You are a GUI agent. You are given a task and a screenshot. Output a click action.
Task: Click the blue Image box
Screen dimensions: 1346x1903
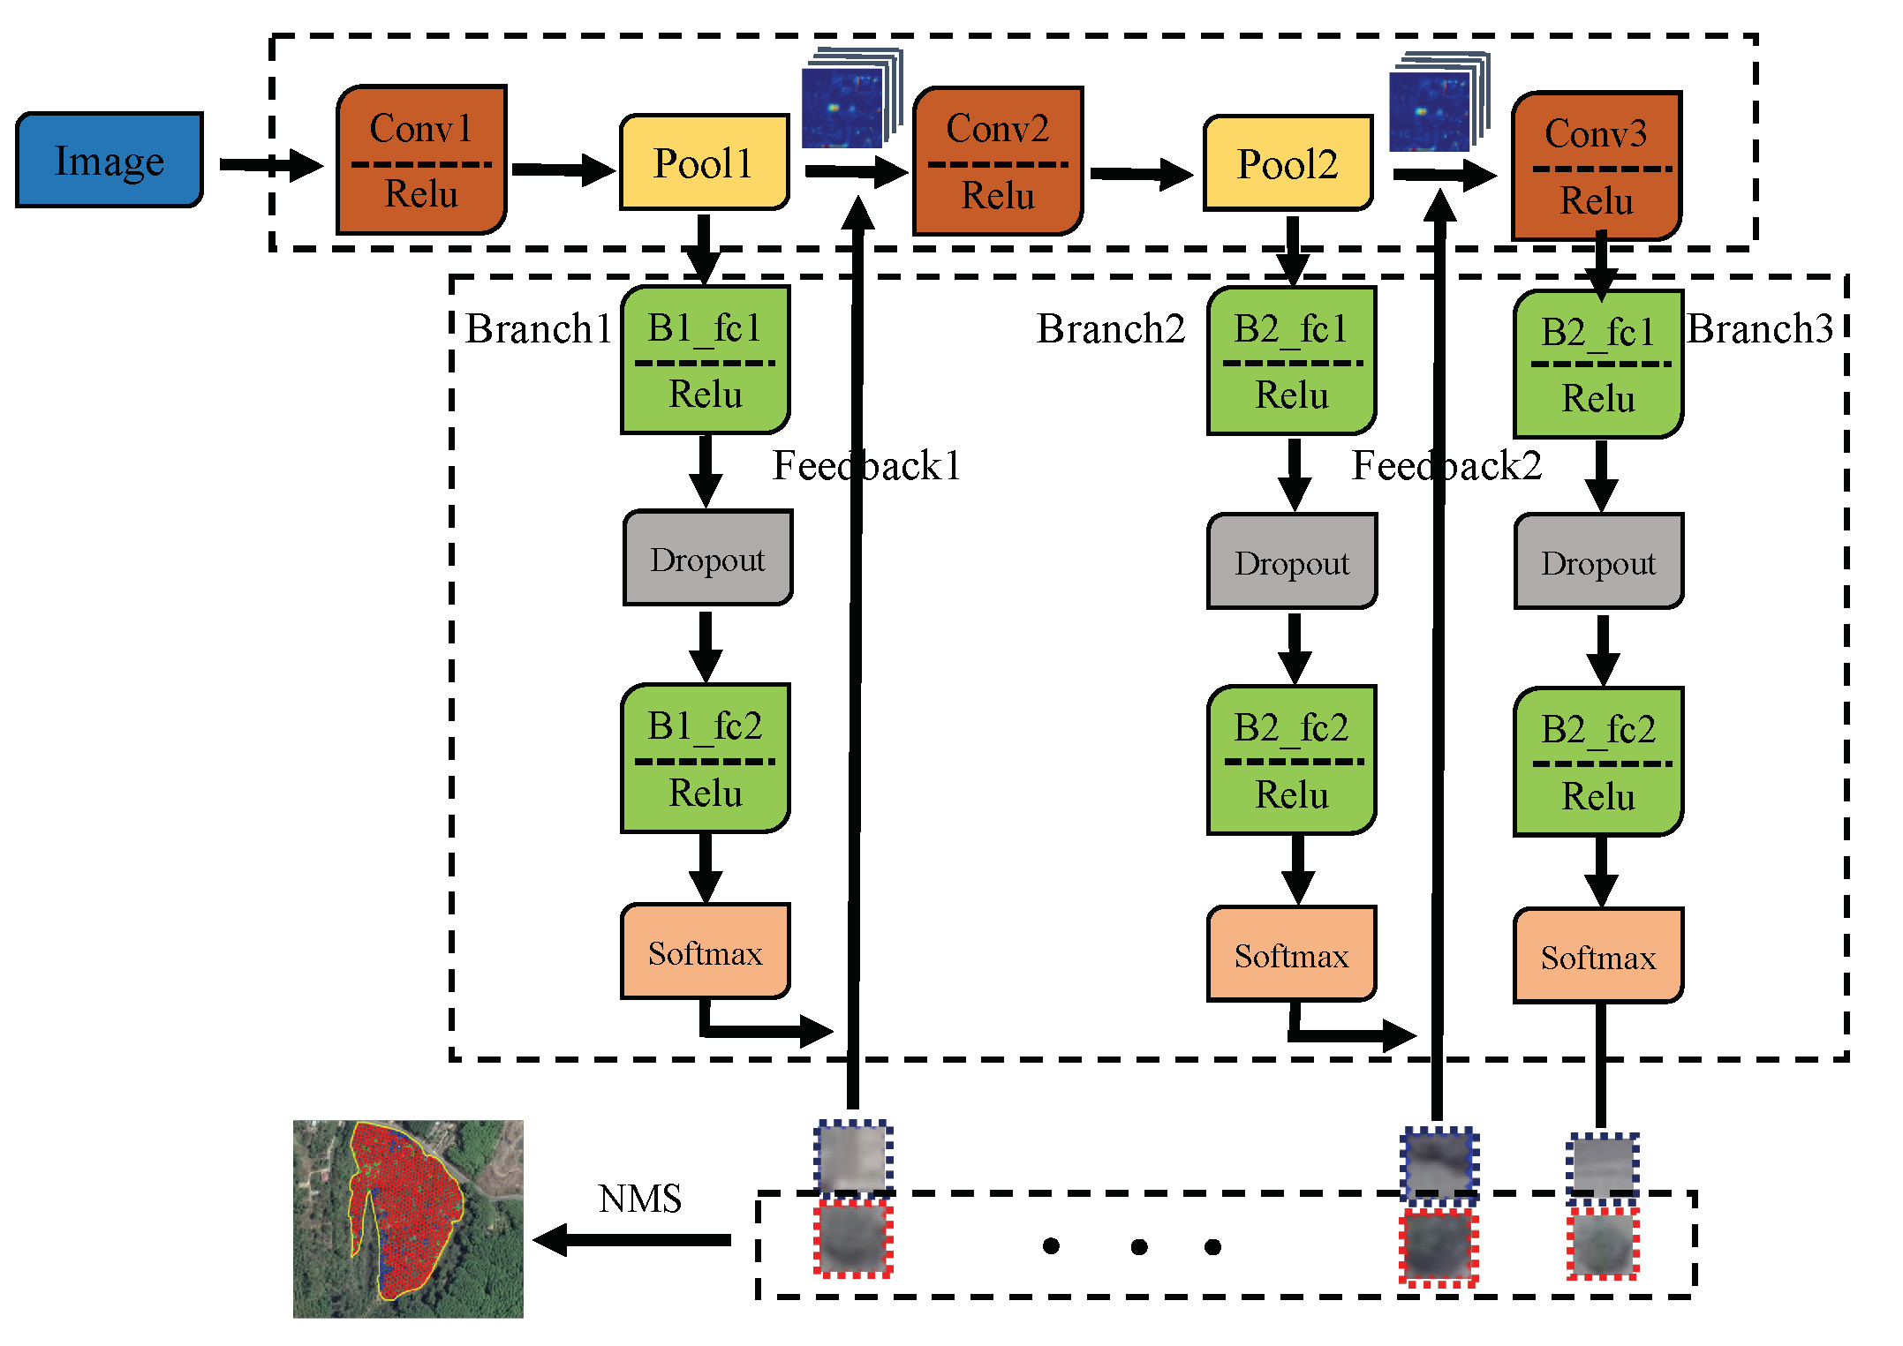(x=109, y=160)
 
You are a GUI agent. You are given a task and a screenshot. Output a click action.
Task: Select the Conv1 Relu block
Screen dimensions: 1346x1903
(x=421, y=161)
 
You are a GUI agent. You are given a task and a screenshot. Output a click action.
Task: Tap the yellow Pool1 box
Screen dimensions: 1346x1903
(x=704, y=162)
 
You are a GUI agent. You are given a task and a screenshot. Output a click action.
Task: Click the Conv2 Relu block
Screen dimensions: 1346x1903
(x=998, y=162)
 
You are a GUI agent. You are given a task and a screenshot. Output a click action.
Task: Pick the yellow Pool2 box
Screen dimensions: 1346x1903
(x=1288, y=163)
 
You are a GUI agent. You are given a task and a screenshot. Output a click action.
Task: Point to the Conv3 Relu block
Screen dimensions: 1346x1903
(x=1597, y=167)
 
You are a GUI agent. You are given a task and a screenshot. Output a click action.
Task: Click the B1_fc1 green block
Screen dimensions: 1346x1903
(x=705, y=360)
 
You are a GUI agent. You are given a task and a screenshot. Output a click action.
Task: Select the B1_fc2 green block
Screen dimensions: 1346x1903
(x=705, y=758)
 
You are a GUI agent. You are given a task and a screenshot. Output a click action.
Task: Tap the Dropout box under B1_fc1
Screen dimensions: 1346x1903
(x=707, y=559)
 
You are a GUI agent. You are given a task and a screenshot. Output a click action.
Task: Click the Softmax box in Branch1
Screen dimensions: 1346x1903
(x=705, y=952)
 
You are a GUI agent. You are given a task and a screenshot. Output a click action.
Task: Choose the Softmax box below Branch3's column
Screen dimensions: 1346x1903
(x=1598, y=957)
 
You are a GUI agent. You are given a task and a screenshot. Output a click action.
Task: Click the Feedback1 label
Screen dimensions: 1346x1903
(x=866, y=465)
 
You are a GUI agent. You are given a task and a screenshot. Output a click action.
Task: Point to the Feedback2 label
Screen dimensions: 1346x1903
(x=1446, y=465)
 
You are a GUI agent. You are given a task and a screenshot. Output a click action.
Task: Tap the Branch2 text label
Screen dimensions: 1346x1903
(x=1110, y=328)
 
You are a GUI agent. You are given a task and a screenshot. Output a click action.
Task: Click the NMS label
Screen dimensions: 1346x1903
(x=639, y=1199)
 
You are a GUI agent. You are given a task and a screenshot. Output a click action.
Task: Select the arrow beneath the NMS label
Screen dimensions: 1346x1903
(x=632, y=1240)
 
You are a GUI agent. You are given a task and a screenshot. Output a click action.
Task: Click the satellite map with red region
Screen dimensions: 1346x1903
(x=408, y=1219)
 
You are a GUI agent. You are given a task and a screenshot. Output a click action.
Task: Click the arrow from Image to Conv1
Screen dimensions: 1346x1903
(x=270, y=165)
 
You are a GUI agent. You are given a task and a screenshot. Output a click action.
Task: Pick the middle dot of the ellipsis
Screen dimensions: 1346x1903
(x=1139, y=1246)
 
